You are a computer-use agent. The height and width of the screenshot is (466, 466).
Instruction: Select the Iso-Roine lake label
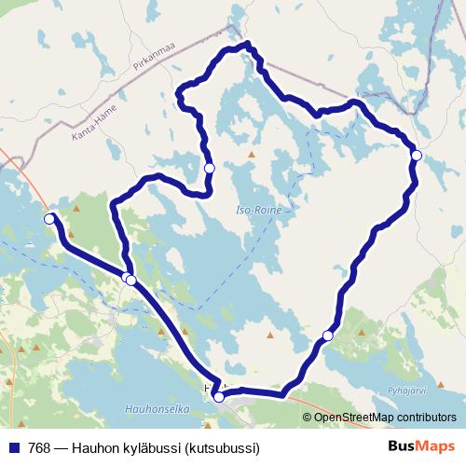(258, 211)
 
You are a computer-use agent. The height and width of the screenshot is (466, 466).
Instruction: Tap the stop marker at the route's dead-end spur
(49, 219)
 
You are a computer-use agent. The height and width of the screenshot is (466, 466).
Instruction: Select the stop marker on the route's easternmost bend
(417, 155)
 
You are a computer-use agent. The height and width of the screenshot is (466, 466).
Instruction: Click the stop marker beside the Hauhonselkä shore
(219, 397)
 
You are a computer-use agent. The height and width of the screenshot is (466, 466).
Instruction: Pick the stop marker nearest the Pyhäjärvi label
(327, 336)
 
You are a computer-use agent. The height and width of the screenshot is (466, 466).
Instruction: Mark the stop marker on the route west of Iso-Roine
(210, 168)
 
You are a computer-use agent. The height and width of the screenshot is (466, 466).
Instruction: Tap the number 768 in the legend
(40, 447)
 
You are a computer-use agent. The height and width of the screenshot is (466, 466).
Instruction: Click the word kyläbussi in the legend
(158, 447)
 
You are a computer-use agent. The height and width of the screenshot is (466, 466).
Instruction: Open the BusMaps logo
(421, 446)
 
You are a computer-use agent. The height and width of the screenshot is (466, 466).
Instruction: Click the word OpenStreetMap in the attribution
(351, 418)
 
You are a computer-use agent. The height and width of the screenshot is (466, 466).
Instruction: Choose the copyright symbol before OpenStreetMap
(308, 418)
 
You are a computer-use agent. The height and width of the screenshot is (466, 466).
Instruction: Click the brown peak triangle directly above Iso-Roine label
(252, 154)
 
